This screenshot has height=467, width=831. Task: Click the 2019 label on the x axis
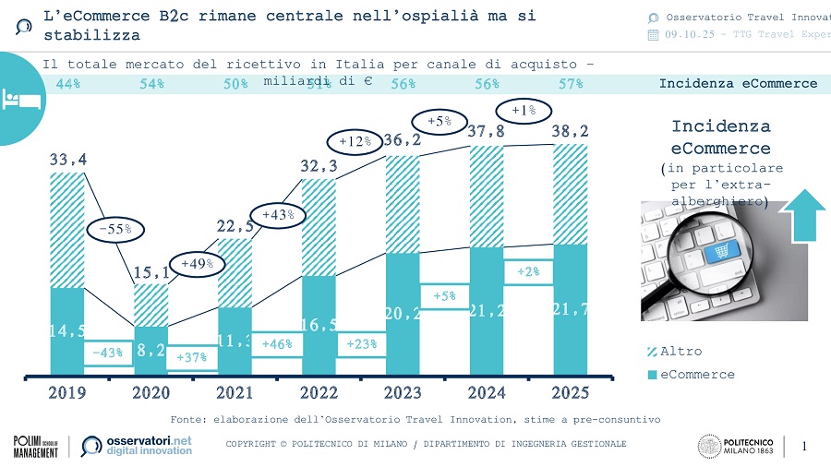click(67, 392)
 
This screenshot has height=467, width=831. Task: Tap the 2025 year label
click(570, 392)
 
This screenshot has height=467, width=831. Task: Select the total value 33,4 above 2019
click(68, 160)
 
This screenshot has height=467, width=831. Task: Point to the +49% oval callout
click(197, 264)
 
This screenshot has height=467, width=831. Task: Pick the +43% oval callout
click(278, 214)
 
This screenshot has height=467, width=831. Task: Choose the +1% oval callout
click(523, 111)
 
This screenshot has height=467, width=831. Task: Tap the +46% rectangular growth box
click(278, 343)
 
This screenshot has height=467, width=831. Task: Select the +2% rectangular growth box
click(528, 271)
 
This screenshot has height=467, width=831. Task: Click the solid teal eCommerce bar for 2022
click(319, 325)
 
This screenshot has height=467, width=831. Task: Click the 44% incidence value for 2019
click(68, 84)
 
